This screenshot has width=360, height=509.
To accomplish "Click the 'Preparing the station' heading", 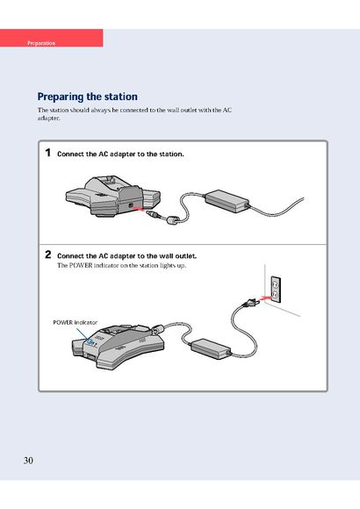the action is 87,97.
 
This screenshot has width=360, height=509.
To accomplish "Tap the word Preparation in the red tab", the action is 41,43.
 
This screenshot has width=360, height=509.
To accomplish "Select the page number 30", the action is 28,461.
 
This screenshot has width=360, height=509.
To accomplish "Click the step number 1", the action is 48,153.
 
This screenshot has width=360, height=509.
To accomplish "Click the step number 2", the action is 48,254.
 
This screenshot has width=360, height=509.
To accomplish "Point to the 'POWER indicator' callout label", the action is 75,322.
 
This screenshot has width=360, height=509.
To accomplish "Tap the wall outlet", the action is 276,290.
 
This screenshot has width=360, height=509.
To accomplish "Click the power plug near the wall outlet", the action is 251,304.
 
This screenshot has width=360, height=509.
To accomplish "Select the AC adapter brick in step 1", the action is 227,201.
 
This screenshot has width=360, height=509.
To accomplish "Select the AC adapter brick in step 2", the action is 211,348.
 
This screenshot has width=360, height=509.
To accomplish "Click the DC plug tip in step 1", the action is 152,214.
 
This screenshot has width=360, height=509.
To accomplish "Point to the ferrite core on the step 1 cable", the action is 172,220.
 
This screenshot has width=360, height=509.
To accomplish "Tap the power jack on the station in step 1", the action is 131,205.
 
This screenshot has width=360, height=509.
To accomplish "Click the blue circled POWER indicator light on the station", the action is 90,341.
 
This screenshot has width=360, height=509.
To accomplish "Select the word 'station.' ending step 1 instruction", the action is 171,154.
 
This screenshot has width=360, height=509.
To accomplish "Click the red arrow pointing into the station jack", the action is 139,208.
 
